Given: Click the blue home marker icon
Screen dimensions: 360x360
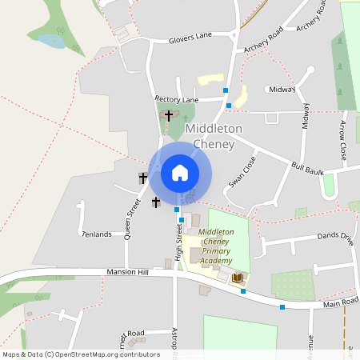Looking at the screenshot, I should [x=180, y=173].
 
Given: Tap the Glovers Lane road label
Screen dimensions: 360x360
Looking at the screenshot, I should [x=190, y=36].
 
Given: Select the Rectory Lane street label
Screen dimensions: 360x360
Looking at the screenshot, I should [x=176, y=99].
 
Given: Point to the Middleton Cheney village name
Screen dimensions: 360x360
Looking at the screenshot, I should [x=209, y=136].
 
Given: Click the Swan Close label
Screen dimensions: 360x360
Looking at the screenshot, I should [x=242, y=172].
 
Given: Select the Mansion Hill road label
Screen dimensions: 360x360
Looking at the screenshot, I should [x=127, y=273].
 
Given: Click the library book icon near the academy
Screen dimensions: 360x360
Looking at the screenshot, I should [x=238, y=278].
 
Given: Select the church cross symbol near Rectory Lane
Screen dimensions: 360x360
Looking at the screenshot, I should [x=168, y=115].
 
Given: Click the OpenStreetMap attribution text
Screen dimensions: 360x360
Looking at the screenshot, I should [x=81, y=354].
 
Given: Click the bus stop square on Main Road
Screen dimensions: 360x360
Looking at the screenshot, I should [x=282, y=306].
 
